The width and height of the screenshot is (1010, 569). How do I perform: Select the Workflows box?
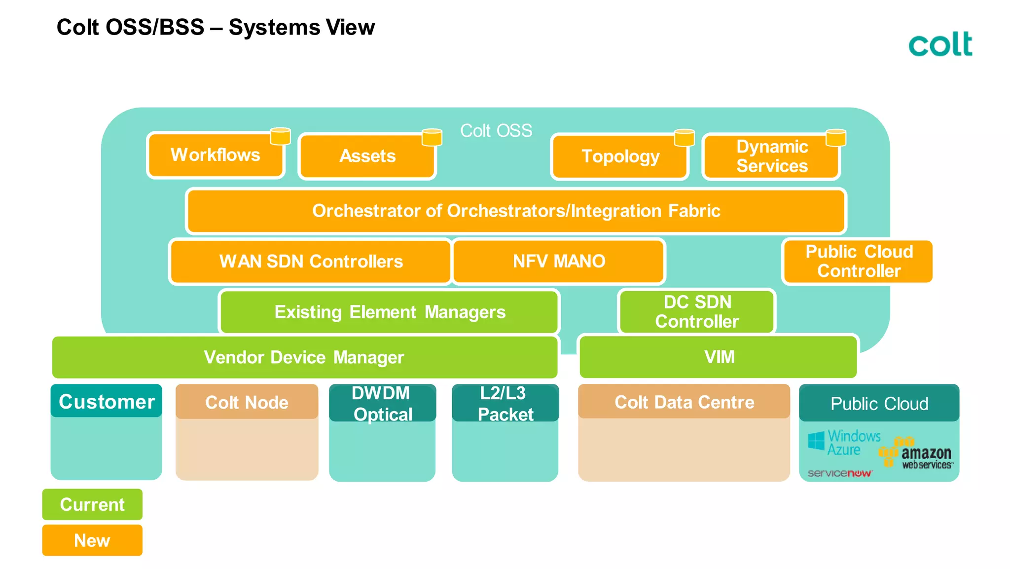pyautogui.click(x=216, y=155)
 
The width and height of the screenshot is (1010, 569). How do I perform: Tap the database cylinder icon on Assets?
pyautogui.click(x=432, y=137)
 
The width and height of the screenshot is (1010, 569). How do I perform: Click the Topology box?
pyautogui.click(x=620, y=156)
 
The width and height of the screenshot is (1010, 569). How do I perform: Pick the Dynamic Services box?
pyautogui.click(x=771, y=156)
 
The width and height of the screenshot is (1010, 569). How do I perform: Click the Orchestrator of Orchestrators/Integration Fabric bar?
pyautogui.click(x=516, y=211)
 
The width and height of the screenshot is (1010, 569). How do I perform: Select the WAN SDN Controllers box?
pyautogui.click(x=311, y=262)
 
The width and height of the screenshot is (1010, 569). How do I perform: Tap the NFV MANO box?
pyautogui.click(x=559, y=262)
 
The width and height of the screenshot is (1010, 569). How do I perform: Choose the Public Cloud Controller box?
pyautogui.click(x=858, y=262)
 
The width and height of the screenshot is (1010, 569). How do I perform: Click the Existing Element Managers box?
pyautogui.click(x=390, y=312)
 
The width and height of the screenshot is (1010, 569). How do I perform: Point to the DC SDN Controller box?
pyautogui.click(x=696, y=312)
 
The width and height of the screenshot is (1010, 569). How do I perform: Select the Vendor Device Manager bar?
pyautogui.click(x=304, y=357)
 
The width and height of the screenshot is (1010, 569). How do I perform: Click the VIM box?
pyautogui.click(x=719, y=357)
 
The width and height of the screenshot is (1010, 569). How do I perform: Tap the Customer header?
pyautogui.click(x=107, y=402)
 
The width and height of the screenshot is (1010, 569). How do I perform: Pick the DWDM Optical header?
pyautogui.click(x=382, y=403)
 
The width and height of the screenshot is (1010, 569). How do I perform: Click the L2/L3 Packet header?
pyautogui.click(x=505, y=403)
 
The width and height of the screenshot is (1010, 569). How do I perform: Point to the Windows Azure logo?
pyautogui.click(x=844, y=443)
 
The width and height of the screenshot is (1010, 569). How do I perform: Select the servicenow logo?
pyautogui.click(x=839, y=473)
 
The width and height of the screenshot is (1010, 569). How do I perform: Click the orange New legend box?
pyautogui.click(x=92, y=540)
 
